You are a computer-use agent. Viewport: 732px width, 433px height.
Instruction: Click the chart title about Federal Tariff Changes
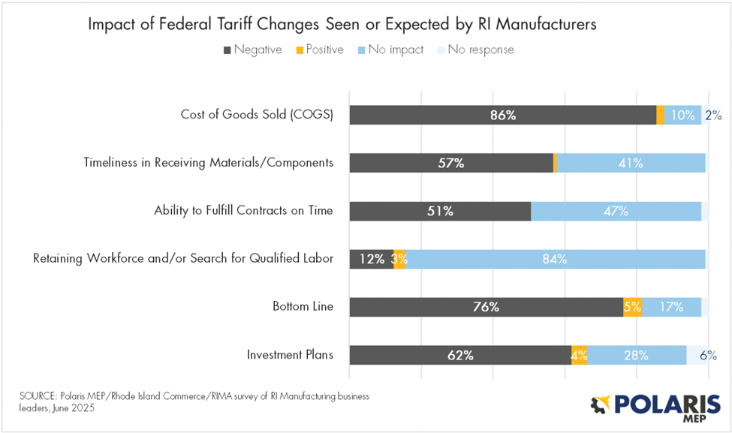point(342,24)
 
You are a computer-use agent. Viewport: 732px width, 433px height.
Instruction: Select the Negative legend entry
point(252,50)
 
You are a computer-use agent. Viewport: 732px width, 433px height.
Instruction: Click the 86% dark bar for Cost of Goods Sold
point(502,116)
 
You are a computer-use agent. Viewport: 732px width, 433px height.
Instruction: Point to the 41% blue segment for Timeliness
point(630,164)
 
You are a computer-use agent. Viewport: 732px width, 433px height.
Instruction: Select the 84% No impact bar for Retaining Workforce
point(555,260)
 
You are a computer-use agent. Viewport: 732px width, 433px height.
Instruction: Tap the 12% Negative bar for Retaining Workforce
point(371,260)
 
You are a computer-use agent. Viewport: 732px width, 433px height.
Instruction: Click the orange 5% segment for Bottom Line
point(632,307)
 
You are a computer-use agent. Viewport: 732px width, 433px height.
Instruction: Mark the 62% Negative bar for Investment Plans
point(460,355)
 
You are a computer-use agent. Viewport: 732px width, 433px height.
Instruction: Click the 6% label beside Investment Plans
point(708,356)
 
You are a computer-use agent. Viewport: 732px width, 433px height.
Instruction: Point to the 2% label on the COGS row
point(712,116)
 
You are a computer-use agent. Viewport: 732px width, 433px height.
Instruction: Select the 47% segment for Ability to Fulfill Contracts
point(616,212)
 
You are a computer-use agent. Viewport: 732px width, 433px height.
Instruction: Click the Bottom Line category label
point(303,306)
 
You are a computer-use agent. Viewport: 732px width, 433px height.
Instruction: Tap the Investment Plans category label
point(290,354)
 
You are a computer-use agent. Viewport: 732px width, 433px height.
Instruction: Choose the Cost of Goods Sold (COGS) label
point(257,115)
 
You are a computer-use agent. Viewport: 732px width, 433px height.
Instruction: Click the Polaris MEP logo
point(654,405)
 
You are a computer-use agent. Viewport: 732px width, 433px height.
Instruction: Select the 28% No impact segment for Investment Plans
point(636,355)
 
